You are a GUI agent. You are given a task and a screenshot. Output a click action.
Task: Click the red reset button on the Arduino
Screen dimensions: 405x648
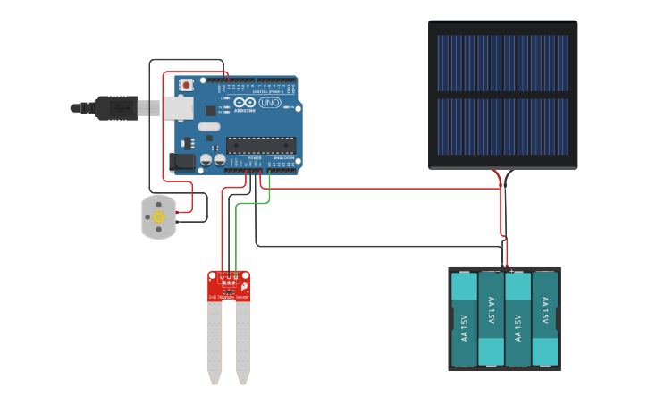[x=186, y=85]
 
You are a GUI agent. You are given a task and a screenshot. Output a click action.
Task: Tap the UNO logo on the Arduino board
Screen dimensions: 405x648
[x=269, y=104]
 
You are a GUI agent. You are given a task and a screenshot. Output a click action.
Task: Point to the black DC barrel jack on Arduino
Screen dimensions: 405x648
[x=181, y=162]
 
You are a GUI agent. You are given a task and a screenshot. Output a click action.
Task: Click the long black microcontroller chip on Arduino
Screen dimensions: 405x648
[x=260, y=144]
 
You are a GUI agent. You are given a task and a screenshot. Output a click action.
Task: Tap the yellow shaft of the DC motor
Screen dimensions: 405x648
[x=159, y=217]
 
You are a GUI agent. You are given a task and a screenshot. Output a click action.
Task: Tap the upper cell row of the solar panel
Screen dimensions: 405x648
[x=502, y=63]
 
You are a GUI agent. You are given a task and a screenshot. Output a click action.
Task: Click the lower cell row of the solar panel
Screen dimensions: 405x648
[x=502, y=126]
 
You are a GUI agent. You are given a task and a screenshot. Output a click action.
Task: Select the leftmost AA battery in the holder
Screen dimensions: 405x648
[x=465, y=319]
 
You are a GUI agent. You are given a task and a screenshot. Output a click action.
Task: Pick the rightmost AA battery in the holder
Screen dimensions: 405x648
[x=545, y=319]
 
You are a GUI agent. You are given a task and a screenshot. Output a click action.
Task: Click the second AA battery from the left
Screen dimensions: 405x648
[x=492, y=319]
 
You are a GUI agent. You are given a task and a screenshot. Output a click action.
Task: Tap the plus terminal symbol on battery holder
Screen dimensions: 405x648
[x=511, y=270]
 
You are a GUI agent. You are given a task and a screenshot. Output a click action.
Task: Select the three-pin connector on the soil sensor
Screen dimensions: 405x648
[x=229, y=276]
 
